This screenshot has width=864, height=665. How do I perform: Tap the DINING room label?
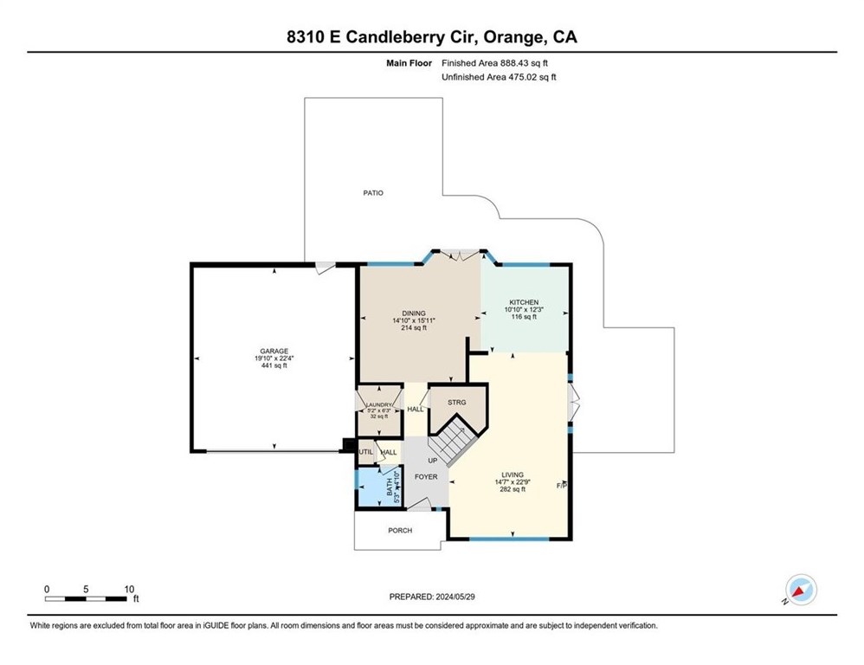(413, 313)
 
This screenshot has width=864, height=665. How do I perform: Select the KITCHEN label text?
(524, 302)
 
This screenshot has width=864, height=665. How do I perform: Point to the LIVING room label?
(510, 475)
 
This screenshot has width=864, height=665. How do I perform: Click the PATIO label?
(372, 192)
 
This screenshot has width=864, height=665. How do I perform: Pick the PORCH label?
(400, 530)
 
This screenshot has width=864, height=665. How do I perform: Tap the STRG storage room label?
(457, 403)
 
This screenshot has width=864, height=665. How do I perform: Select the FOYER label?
(426, 477)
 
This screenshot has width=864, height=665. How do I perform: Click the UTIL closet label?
(365, 452)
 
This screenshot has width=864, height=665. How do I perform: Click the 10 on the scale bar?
(128, 589)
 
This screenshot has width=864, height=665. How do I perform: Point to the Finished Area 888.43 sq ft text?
(495, 63)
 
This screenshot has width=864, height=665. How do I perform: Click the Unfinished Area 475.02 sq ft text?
(498, 77)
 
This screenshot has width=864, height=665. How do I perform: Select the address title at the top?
(432, 37)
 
